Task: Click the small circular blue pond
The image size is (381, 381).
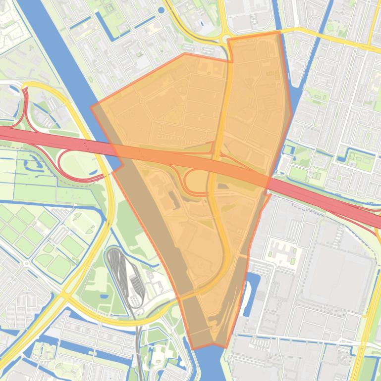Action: (x=161, y=9)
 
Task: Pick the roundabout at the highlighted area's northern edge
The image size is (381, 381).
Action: (x=225, y=40)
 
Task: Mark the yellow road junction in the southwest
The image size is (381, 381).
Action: (x=65, y=296)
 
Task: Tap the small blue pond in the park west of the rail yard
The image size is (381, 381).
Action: (x=105, y=296)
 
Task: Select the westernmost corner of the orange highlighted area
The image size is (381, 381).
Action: (x=91, y=106)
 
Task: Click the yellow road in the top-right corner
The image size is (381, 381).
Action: (x=347, y=40)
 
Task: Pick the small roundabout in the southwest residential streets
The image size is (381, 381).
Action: (x=26, y=264)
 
